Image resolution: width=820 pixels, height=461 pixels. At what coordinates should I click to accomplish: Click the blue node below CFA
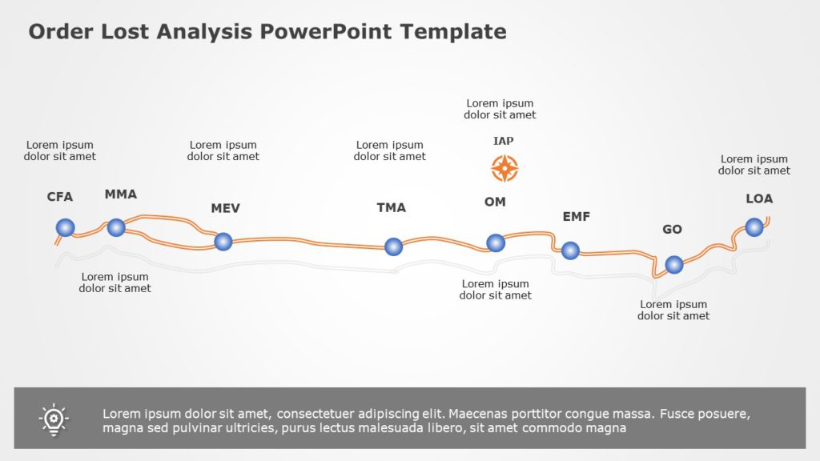[65, 228]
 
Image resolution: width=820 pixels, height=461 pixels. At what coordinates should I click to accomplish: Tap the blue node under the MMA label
[116, 227]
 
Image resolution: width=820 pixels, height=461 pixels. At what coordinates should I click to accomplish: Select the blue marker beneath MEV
[223, 241]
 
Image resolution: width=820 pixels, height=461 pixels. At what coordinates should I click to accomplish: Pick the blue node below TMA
[393, 247]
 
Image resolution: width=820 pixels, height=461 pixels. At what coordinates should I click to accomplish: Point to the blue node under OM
[496, 242]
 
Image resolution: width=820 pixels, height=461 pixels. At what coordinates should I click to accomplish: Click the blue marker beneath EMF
[570, 251]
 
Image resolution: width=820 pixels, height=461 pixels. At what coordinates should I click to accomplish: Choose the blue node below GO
[674, 264]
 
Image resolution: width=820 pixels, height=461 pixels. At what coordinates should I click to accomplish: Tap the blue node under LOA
[754, 227]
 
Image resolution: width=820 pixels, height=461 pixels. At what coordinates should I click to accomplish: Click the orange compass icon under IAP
[504, 168]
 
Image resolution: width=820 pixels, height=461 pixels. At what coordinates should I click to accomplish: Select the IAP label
[504, 141]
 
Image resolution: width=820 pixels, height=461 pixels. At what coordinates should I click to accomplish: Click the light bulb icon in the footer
[54, 419]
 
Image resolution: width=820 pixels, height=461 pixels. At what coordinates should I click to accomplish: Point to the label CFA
[60, 197]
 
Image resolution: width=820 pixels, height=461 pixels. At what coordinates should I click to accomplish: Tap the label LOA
[759, 198]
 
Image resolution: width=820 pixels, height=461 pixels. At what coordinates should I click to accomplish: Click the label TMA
[392, 208]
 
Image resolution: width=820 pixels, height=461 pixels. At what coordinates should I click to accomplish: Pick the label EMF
[577, 216]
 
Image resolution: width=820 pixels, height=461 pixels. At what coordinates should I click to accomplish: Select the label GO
[672, 230]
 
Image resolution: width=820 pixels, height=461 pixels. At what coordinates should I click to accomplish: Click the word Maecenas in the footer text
[478, 414]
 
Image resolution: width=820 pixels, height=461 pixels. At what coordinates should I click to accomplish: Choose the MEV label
[225, 208]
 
